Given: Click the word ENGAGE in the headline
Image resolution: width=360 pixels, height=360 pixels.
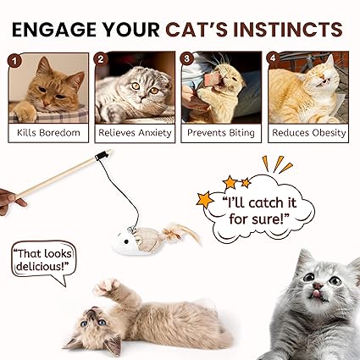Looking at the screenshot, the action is point(54,30).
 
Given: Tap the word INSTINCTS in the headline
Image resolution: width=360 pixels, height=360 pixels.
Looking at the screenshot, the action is point(288,30).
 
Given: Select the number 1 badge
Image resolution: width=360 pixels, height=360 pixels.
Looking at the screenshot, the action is point(14,61).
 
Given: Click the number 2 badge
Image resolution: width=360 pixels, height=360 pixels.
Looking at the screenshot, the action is point(101,59).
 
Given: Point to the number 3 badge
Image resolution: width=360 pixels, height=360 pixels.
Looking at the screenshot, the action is point(187,58).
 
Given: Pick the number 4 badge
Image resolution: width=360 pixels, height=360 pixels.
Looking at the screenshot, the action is point(273,58).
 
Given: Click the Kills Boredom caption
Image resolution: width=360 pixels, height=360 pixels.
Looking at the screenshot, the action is point(48,132).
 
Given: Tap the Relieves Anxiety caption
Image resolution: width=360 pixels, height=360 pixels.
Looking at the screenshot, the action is point(135,133).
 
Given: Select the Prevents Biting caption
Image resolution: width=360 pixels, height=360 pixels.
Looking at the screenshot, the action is point(221,133).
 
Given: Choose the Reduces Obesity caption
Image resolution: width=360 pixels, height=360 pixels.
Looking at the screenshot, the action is point(308,133).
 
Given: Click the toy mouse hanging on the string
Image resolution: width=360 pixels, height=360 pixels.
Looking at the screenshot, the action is point(155,239).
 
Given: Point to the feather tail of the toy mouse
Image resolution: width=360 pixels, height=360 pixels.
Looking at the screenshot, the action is point(180,233).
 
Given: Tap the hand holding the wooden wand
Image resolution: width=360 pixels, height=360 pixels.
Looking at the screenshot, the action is point(10,201).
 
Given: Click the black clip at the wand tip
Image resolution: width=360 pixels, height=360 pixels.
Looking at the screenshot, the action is point(102,155).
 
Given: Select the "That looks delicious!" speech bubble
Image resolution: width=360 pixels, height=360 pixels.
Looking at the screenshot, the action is point(44,261).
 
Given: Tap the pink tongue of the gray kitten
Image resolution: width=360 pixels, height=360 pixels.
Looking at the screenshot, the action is point(317,294).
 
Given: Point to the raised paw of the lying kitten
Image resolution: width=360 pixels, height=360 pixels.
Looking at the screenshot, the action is point(108,286).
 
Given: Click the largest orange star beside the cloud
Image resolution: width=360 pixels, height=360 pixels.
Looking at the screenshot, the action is point(205,199).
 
